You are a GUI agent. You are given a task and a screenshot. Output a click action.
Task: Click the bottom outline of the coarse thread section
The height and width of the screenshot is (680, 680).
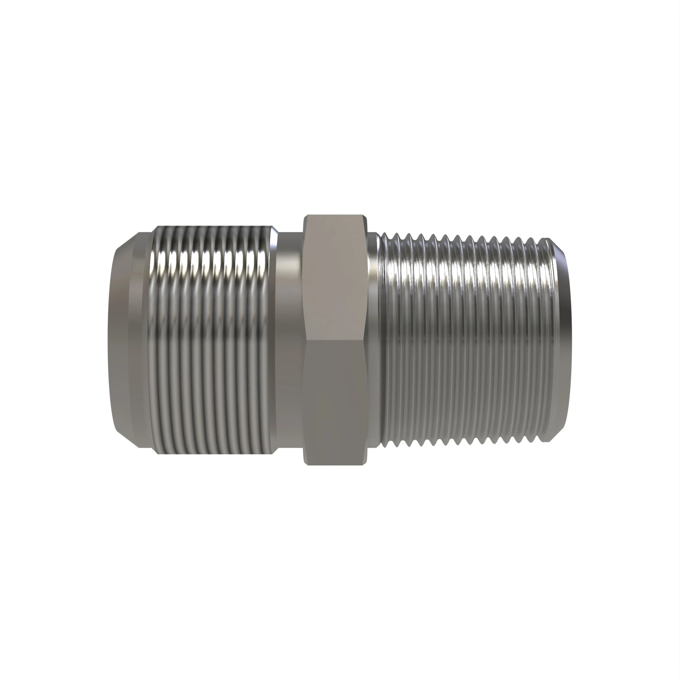point(211,453)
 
